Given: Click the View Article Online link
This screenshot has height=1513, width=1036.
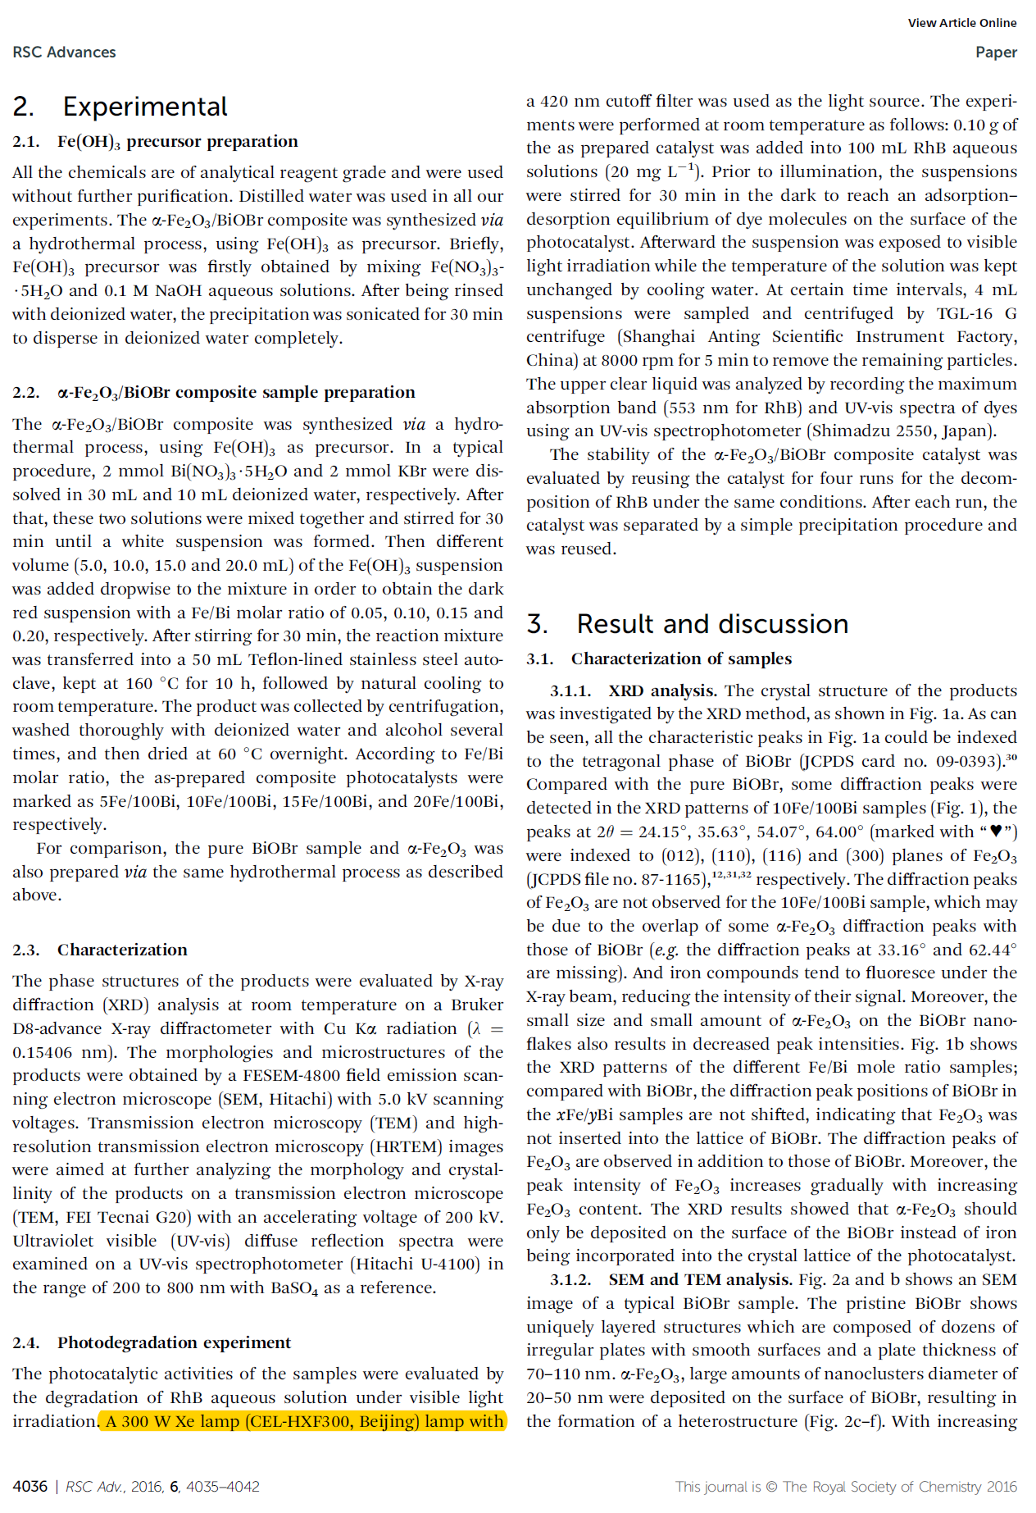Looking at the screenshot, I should click(961, 23).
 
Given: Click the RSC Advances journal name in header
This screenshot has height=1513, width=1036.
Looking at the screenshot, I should click(64, 52).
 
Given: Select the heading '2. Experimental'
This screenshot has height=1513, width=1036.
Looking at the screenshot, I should click(120, 107).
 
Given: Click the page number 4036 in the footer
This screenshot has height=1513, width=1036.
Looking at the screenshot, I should click(30, 1487).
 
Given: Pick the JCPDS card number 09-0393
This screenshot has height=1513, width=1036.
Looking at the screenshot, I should click(963, 761).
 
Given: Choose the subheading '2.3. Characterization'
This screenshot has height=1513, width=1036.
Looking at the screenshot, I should click(100, 950).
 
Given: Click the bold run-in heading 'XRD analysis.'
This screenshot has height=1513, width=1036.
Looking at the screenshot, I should click(662, 691).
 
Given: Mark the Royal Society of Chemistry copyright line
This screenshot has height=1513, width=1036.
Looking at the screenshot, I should click(845, 1487).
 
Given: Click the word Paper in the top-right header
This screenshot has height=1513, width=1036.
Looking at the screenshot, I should click(995, 52).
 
